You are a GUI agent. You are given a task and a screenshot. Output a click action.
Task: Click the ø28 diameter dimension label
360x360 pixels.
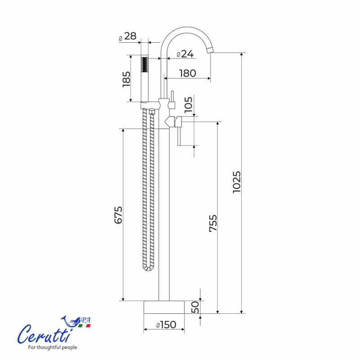click(x=127, y=37)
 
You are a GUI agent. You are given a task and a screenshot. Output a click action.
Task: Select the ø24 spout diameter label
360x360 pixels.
click(x=185, y=54)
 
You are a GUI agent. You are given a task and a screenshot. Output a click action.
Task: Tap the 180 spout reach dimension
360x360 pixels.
click(x=188, y=73)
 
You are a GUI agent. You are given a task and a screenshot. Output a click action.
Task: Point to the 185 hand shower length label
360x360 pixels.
click(x=126, y=79)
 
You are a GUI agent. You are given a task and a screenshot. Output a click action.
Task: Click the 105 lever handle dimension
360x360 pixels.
click(x=189, y=105)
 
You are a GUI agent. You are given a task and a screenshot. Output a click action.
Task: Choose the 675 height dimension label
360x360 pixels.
click(x=118, y=215)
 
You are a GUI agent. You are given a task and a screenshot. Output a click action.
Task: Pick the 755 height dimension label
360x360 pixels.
click(x=213, y=223)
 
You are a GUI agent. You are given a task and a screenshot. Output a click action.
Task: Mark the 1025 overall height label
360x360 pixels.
click(x=237, y=182)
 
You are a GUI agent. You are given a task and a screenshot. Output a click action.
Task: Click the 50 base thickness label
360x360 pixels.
click(x=195, y=307)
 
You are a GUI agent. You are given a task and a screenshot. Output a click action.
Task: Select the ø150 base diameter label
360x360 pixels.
click(x=166, y=325)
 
